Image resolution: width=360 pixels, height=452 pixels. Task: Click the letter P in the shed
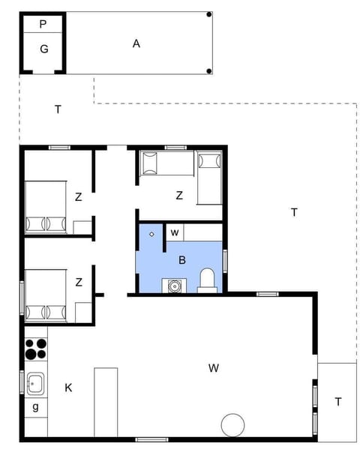pos(43,24)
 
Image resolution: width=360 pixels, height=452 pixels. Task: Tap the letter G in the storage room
pos(44,49)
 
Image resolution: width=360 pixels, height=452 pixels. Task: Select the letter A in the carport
pos(136,43)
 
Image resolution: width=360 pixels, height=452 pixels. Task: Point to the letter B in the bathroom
pos(181,260)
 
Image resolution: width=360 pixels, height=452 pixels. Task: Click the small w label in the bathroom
pos(174,232)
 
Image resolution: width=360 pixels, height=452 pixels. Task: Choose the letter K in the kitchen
pos(68,388)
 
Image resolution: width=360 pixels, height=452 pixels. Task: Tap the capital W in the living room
pos(214,367)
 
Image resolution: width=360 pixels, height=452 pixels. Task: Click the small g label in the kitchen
pos(35,409)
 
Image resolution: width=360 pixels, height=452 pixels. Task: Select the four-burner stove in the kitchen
pos(35,350)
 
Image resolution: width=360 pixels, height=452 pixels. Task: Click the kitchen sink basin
pos(34,385)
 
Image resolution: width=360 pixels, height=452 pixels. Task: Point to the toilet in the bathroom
pos(207,280)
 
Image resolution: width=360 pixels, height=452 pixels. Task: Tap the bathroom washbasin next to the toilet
pos(175,285)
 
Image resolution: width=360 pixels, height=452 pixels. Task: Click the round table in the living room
pos(233,424)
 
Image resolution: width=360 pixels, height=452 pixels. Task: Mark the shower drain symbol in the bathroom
pos(152,235)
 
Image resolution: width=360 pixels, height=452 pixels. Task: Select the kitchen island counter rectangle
pos(106,401)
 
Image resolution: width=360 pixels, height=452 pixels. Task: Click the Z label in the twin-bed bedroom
pos(179,196)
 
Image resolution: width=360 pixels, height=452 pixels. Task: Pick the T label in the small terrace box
pos(337,401)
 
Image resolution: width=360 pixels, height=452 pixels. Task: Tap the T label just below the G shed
pos(58,109)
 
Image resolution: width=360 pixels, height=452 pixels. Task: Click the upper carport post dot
pos(209,14)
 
